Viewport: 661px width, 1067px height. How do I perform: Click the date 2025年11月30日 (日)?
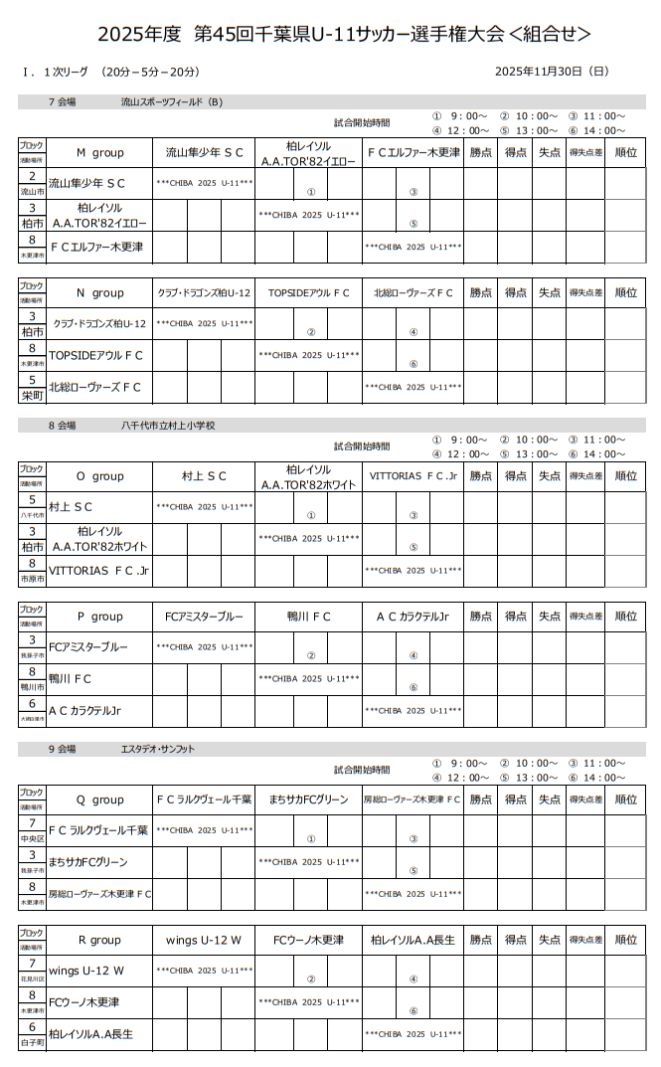tap(551, 72)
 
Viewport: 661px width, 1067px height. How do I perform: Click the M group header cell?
tap(100, 153)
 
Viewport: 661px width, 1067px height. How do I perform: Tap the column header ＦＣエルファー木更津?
tap(413, 153)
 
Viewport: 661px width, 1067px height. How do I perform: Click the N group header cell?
tap(100, 292)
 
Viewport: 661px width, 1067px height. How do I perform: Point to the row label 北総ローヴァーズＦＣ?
tap(95, 387)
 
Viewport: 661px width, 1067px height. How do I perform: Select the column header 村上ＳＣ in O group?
tap(205, 476)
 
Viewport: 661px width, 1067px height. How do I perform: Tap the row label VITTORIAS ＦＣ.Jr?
tap(98, 571)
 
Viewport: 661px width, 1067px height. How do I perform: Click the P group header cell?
tap(100, 617)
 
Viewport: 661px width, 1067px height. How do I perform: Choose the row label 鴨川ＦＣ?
tap(71, 678)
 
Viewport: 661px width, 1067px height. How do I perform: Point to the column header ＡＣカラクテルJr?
tap(413, 617)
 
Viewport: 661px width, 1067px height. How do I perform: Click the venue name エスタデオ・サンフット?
tap(158, 748)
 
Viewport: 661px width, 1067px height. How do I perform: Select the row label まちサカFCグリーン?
tap(88, 861)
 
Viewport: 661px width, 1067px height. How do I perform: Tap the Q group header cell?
tap(100, 800)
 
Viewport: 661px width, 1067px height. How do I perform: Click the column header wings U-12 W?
tap(205, 940)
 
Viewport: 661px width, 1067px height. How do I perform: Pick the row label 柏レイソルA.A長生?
tap(90, 1034)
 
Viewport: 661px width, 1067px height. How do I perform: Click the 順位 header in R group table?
tap(626, 940)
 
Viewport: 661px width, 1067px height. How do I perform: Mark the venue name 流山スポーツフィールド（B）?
tap(172, 101)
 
